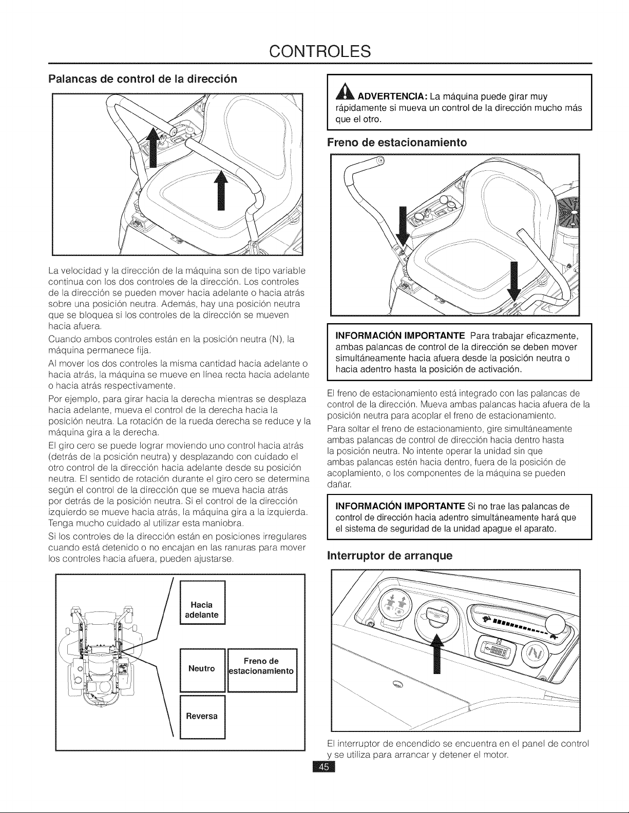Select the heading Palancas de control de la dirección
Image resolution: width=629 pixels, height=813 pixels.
click(x=143, y=79)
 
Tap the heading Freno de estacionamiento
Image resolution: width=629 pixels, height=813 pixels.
click(x=397, y=143)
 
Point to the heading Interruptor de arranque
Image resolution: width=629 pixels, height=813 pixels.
click(x=390, y=556)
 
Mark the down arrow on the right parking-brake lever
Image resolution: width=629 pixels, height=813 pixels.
click(x=514, y=281)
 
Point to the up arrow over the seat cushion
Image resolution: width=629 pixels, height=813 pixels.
click(x=221, y=191)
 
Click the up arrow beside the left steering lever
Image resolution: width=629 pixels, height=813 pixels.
click(x=153, y=146)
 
